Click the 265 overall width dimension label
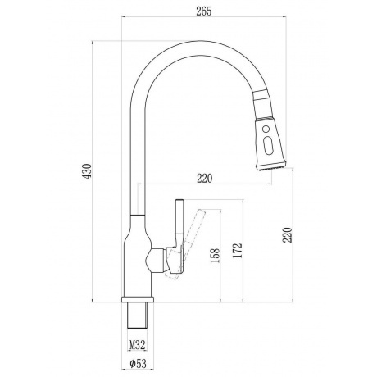coord(204,11)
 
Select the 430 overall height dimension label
coord(88,171)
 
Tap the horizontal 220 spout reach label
coord(204,179)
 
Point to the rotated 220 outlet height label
coord(288,234)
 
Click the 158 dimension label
coord(215,256)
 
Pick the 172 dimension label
coord(238,250)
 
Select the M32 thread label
coord(137,345)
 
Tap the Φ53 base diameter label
coord(138,363)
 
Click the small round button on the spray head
coord(266,128)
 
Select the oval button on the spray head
coord(267,145)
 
